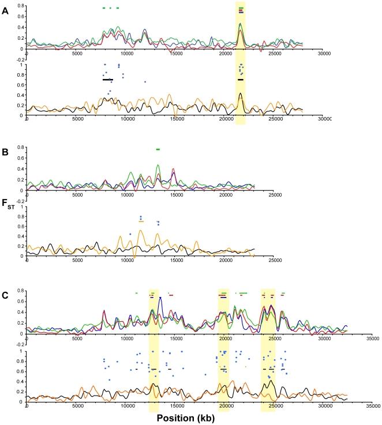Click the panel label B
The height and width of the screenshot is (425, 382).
pos(5,155)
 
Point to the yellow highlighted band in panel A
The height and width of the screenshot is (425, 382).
pos(241,63)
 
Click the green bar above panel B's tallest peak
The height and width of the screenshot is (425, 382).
pos(158,149)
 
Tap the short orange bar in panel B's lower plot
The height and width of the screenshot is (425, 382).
pos(141,221)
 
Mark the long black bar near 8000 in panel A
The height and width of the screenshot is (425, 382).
pos(108,80)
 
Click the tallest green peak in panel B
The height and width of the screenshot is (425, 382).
pos(158,166)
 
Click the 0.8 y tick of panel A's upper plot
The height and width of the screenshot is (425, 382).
pos(20,6)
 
